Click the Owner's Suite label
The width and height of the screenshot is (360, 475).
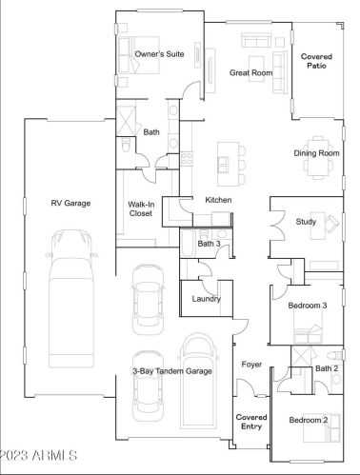(159, 54)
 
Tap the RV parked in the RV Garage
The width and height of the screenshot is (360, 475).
(71, 299)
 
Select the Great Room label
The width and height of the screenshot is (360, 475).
(250, 72)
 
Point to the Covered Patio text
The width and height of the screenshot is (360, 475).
(316, 61)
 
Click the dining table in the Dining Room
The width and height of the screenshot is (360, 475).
(317, 158)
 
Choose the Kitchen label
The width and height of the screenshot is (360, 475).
(218, 200)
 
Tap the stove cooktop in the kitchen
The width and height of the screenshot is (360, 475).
(187, 159)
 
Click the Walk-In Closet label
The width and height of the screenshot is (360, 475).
(140, 208)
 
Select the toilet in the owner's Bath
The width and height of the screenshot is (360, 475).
(127, 145)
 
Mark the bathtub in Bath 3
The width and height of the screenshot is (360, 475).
(188, 243)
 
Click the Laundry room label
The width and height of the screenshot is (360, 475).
(206, 299)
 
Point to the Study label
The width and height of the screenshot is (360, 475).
(306, 222)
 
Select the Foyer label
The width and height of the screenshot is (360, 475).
(251, 365)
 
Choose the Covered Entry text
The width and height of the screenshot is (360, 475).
(251, 422)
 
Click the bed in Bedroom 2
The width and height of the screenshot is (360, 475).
(322, 427)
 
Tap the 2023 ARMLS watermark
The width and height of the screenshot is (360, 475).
(38, 455)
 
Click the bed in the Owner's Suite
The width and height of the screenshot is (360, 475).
(139, 55)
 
